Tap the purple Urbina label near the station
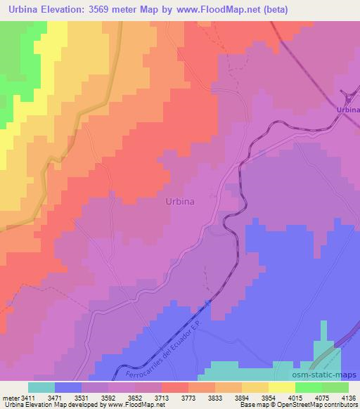[x=347, y=110]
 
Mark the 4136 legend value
[x=349, y=398]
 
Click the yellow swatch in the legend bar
[x=281, y=387]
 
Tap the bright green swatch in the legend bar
[x=308, y=387]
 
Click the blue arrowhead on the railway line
[x=208, y=302]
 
